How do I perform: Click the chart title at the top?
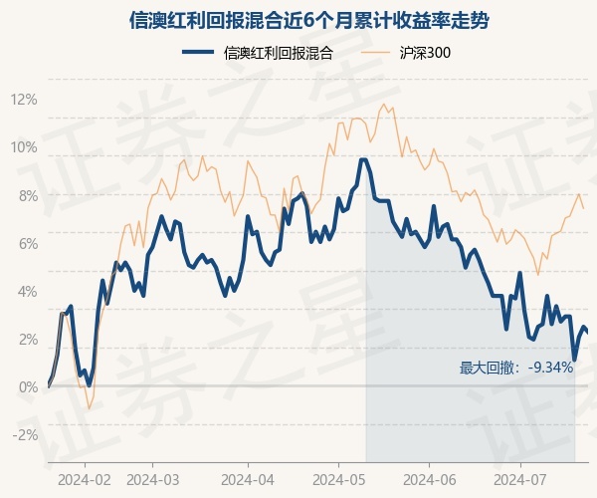pos(298,20)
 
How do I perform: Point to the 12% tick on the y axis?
pos(24,100)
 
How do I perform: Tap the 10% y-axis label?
pos(24,147)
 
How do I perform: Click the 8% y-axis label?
pos(26,195)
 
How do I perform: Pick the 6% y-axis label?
pos(26,243)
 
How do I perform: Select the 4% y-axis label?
pos(26,291)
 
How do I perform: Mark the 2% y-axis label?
pos(26,339)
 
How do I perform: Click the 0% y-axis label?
pos(26,386)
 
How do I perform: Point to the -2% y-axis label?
pos(24,434)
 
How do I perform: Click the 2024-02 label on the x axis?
pos(84,478)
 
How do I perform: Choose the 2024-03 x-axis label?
pos(152,478)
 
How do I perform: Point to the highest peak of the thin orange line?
pos(382,105)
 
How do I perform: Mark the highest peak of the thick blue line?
pos(363,159)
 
